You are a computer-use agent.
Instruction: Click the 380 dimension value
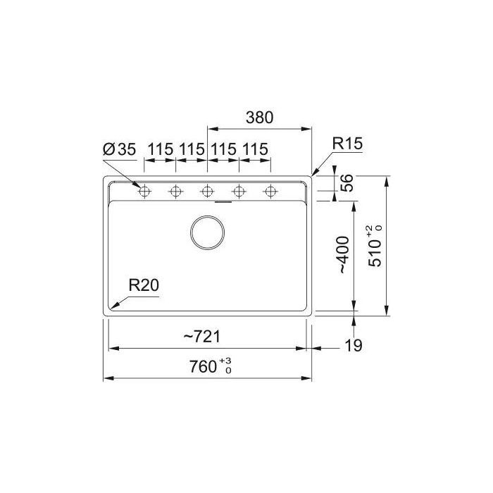[x=260, y=118]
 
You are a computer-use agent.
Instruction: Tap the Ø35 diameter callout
[x=120, y=149]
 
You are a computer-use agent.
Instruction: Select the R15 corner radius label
[x=347, y=144]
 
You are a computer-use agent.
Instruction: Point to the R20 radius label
[x=144, y=285]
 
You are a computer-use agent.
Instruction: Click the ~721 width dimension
[x=202, y=337]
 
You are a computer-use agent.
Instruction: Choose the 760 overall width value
[x=203, y=366]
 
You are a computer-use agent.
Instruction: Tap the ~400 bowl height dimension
[x=344, y=255]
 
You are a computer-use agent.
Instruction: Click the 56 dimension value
[x=347, y=182]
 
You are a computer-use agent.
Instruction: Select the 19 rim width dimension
[x=354, y=345]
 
